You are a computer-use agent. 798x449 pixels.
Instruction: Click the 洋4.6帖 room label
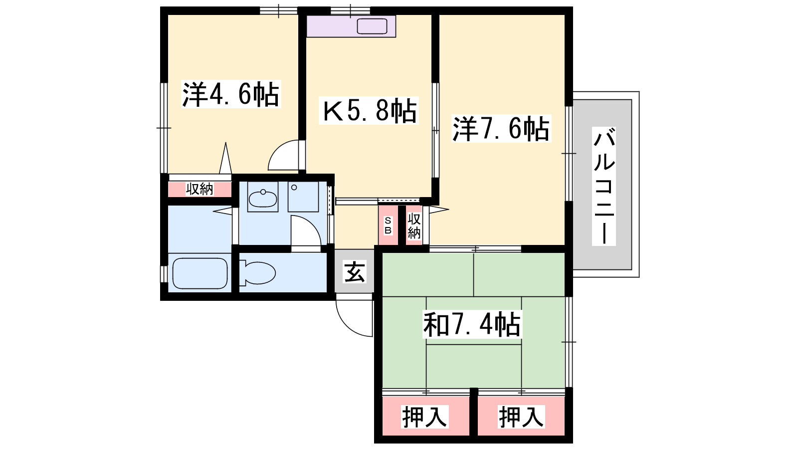pyautogui.click(x=231, y=94)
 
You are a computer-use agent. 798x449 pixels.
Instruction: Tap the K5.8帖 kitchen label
pyautogui.click(x=369, y=110)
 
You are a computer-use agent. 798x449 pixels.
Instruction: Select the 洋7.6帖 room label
pyautogui.click(x=501, y=128)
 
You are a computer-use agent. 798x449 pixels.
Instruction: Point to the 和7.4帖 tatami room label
pyautogui.click(x=472, y=324)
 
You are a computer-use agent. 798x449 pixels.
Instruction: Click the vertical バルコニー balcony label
pyautogui.click(x=604, y=186)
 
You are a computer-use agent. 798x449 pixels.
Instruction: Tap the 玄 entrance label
pyautogui.click(x=355, y=272)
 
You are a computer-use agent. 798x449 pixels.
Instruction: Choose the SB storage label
pyautogui.click(x=388, y=225)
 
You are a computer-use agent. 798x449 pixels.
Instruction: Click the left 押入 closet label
pyautogui.click(x=424, y=416)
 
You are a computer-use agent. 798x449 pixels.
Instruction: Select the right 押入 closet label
pyautogui.click(x=521, y=416)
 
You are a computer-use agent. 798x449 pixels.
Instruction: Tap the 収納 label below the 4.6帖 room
pyautogui.click(x=199, y=189)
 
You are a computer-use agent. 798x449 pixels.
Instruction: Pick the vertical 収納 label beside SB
pyautogui.click(x=414, y=225)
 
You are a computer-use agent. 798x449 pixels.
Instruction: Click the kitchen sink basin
pyautogui.click(x=372, y=26)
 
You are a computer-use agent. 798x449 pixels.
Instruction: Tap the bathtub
pyautogui.click(x=200, y=273)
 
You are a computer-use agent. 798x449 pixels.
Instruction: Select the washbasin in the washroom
pyautogui.click(x=262, y=199)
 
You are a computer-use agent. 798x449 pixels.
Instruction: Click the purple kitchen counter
pyautogui.click(x=351, y=26)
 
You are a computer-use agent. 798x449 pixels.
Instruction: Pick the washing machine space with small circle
pyautogui.click(x=303, y=197)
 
